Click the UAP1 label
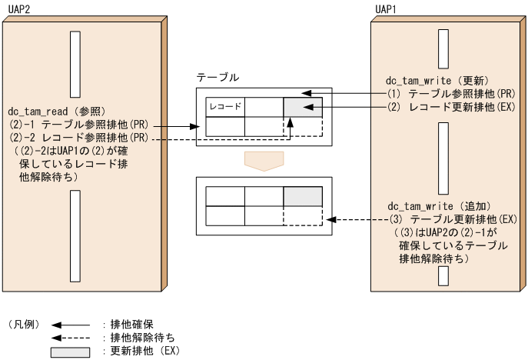pos(385,8)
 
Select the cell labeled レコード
pos(225,106)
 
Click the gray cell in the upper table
pos(303,106)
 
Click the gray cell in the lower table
pos(303,196)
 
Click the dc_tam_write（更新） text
pos(433,80)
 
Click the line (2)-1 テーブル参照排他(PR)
pos(80,124)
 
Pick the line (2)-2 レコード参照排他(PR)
pos(80,137)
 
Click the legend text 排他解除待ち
pos(138,338)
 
